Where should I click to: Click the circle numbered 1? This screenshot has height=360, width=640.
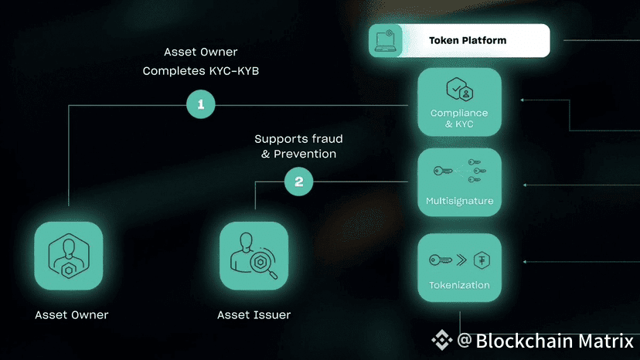[201, 104]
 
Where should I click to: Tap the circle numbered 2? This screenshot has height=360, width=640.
[298, 182]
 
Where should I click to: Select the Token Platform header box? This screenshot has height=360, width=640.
[459, 40]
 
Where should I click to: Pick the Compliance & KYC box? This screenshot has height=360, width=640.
[459, 103]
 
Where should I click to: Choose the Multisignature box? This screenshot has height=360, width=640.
[459, 182]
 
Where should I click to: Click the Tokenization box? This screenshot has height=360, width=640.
[459, 267]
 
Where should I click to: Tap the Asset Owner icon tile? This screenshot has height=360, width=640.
[69, 256]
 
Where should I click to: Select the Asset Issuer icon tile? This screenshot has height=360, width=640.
[254, 256]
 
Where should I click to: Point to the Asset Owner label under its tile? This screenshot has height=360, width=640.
[71, 315]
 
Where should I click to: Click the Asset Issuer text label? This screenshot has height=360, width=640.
[254, 315]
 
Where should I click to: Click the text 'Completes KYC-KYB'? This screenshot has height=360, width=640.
[201, 71]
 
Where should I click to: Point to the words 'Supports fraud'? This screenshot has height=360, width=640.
[298, 139]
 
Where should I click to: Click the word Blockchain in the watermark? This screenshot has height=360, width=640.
[522, 341]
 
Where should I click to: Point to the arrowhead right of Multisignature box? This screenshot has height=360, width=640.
[525, 185]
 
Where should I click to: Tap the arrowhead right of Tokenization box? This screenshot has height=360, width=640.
[525, 262]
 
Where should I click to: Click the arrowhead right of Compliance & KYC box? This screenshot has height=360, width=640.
[523, 100]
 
